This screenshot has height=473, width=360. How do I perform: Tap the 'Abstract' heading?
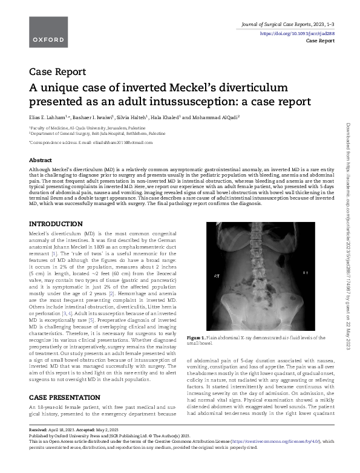tap(41, 160)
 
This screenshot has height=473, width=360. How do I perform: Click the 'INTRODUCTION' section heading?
tap(56, 224)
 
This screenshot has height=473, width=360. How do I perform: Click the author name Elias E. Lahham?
tap(49, 117)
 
